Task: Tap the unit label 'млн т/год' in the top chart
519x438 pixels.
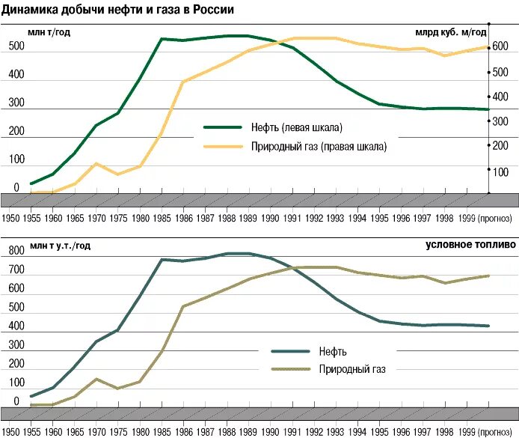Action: [x=50, y=31]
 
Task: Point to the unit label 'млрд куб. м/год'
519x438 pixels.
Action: [x=450, y=31]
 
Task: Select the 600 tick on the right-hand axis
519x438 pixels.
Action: [x=500, y=47]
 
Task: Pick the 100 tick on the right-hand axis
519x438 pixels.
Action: [x=500, y=171]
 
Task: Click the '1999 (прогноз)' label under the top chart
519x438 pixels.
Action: [x=485, y=218]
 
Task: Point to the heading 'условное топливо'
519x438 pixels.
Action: [x=470, y=244]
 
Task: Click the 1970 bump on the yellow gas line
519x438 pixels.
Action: [x=96, y=163]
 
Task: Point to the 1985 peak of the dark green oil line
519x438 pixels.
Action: [x=162, y=38]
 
